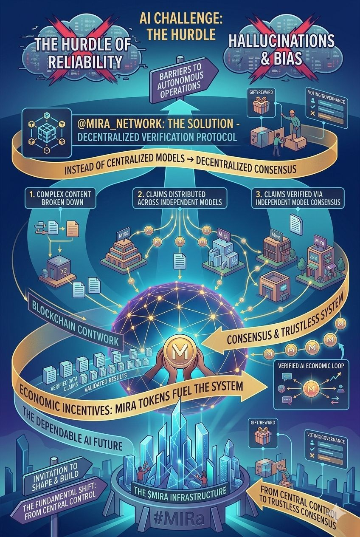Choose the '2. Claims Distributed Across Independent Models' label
tap(180, 198)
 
